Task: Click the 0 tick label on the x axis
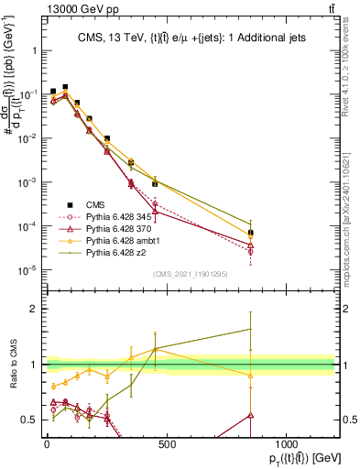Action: click(x=47, y=444)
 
